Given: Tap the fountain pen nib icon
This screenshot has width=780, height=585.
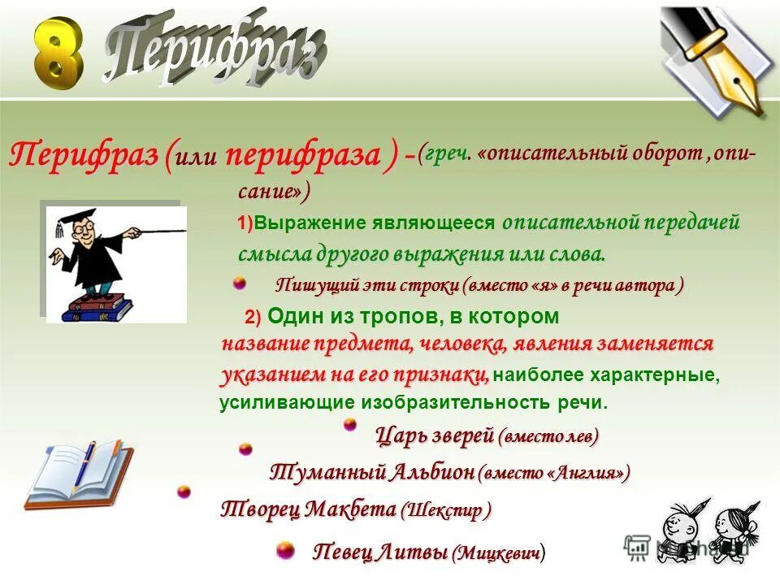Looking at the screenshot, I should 719,61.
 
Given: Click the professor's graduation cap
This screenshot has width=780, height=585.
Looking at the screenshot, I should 77,219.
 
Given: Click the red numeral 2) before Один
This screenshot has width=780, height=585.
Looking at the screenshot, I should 253,317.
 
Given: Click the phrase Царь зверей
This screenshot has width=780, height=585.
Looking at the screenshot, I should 435,435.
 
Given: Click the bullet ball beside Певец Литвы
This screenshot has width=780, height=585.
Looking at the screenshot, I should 284,551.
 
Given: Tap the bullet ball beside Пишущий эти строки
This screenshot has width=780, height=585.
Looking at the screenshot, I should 240,283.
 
